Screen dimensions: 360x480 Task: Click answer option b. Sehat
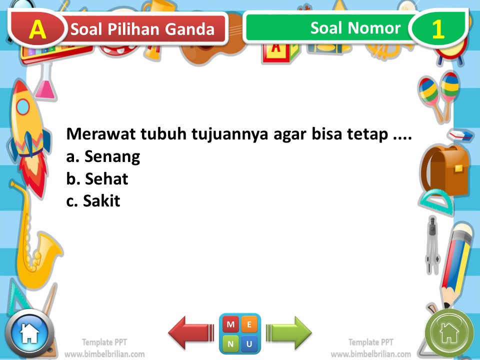click(97, 179)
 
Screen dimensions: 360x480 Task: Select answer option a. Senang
click(103, 157)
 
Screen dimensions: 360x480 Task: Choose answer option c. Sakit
click(93, 201)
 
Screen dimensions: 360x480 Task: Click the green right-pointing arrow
click(289, 332)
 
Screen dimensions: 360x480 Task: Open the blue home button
click(29, 333)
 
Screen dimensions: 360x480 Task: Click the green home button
click(448, 332)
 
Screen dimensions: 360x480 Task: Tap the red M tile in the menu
click(230, 324)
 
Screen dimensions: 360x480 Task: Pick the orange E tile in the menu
click(249, 324)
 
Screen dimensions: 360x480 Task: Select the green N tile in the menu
click(230, 343)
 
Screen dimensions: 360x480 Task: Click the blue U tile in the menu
click(249, 343)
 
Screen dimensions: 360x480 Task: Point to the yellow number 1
click(438, 29)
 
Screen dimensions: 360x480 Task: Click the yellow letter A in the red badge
click(37, 29)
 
